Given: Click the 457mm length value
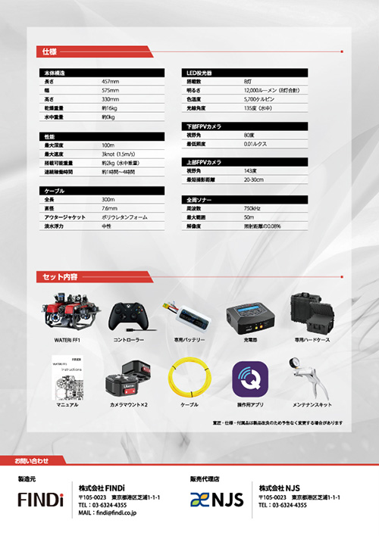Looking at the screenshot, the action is click(110, 80).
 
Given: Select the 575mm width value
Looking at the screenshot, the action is click(110, 89).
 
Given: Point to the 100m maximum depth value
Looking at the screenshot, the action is click(108, 145).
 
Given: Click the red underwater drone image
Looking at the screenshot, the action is click(67, 313).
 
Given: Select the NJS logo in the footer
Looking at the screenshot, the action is click(216, 500).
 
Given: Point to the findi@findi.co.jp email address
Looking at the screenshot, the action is click(113, 512).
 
